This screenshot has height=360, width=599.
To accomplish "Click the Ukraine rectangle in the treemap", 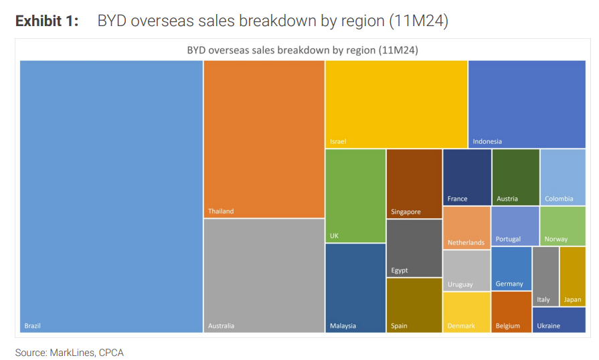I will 559,319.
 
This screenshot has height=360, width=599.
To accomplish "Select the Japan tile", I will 572,276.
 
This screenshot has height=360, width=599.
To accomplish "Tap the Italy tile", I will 545,276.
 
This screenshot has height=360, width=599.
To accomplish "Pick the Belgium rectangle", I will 511,311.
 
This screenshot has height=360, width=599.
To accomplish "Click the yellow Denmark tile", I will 466,312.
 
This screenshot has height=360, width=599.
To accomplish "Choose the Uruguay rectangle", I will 466,270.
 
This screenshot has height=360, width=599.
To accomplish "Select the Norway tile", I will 562,226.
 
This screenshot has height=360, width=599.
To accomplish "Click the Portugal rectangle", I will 515,226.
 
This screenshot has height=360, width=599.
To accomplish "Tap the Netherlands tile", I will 466,228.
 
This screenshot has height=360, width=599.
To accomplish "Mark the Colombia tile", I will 562,177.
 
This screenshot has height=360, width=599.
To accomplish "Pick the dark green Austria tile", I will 515,177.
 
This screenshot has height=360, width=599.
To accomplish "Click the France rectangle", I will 466,177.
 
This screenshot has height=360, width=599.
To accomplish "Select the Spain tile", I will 414,305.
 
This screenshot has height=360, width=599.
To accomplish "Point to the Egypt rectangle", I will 414,248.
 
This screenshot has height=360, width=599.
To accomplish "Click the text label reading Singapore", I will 406,212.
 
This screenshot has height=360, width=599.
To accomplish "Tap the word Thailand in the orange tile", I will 221,211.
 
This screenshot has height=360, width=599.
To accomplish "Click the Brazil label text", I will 32,326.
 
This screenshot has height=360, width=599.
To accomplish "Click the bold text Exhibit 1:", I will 47,21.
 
